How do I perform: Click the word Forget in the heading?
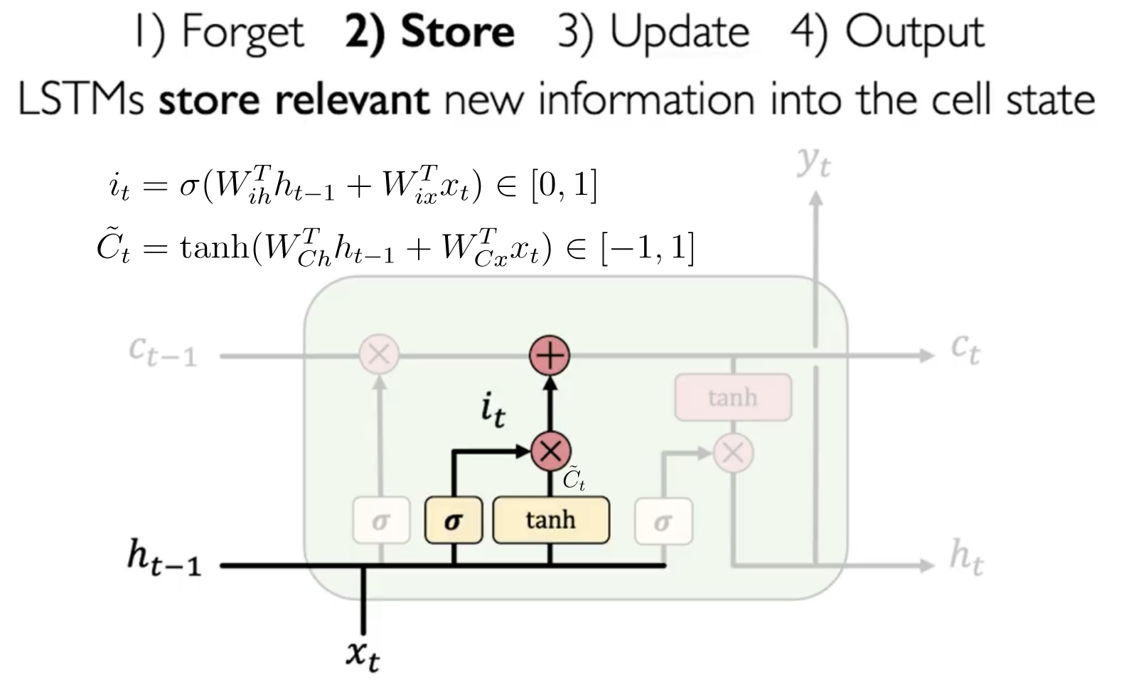coord(242,33)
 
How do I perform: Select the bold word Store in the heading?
coord(457,33)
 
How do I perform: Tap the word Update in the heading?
coord(680,33)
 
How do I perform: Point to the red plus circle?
coord(550,354)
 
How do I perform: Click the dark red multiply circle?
coord(550,451)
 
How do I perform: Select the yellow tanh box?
coord(550,520)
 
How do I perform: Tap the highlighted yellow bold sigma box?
coord(454,520)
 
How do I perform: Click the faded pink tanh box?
coord(732,397)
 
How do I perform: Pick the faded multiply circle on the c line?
coord(379,354)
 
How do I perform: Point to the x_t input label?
coord(363,655)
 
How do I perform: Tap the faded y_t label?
coord(814,162)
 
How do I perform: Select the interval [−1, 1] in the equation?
coord(648,248)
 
